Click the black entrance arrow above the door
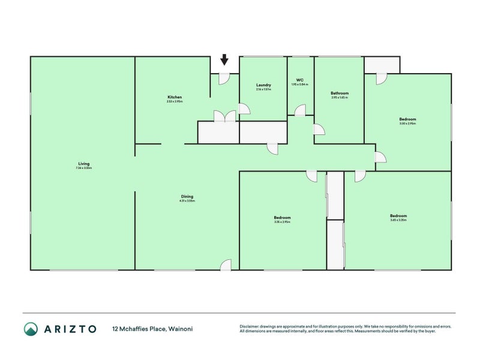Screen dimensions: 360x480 224,59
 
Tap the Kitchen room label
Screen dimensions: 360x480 175,97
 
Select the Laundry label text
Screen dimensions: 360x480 263,85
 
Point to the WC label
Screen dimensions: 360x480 299,80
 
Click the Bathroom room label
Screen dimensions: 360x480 340,93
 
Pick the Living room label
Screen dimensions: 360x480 83,164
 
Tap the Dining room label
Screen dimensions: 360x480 187,196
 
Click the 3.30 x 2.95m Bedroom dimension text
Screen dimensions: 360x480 407,124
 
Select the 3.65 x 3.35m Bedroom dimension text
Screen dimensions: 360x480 398,221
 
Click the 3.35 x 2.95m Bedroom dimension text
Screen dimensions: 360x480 282,222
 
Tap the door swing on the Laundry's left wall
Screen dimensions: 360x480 244,109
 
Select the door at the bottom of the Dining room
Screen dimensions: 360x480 226,265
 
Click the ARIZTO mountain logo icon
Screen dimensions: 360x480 31,329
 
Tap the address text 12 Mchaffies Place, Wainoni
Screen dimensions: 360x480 152,329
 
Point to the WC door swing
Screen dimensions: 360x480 300,110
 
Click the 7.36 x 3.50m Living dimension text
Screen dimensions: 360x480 83,169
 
